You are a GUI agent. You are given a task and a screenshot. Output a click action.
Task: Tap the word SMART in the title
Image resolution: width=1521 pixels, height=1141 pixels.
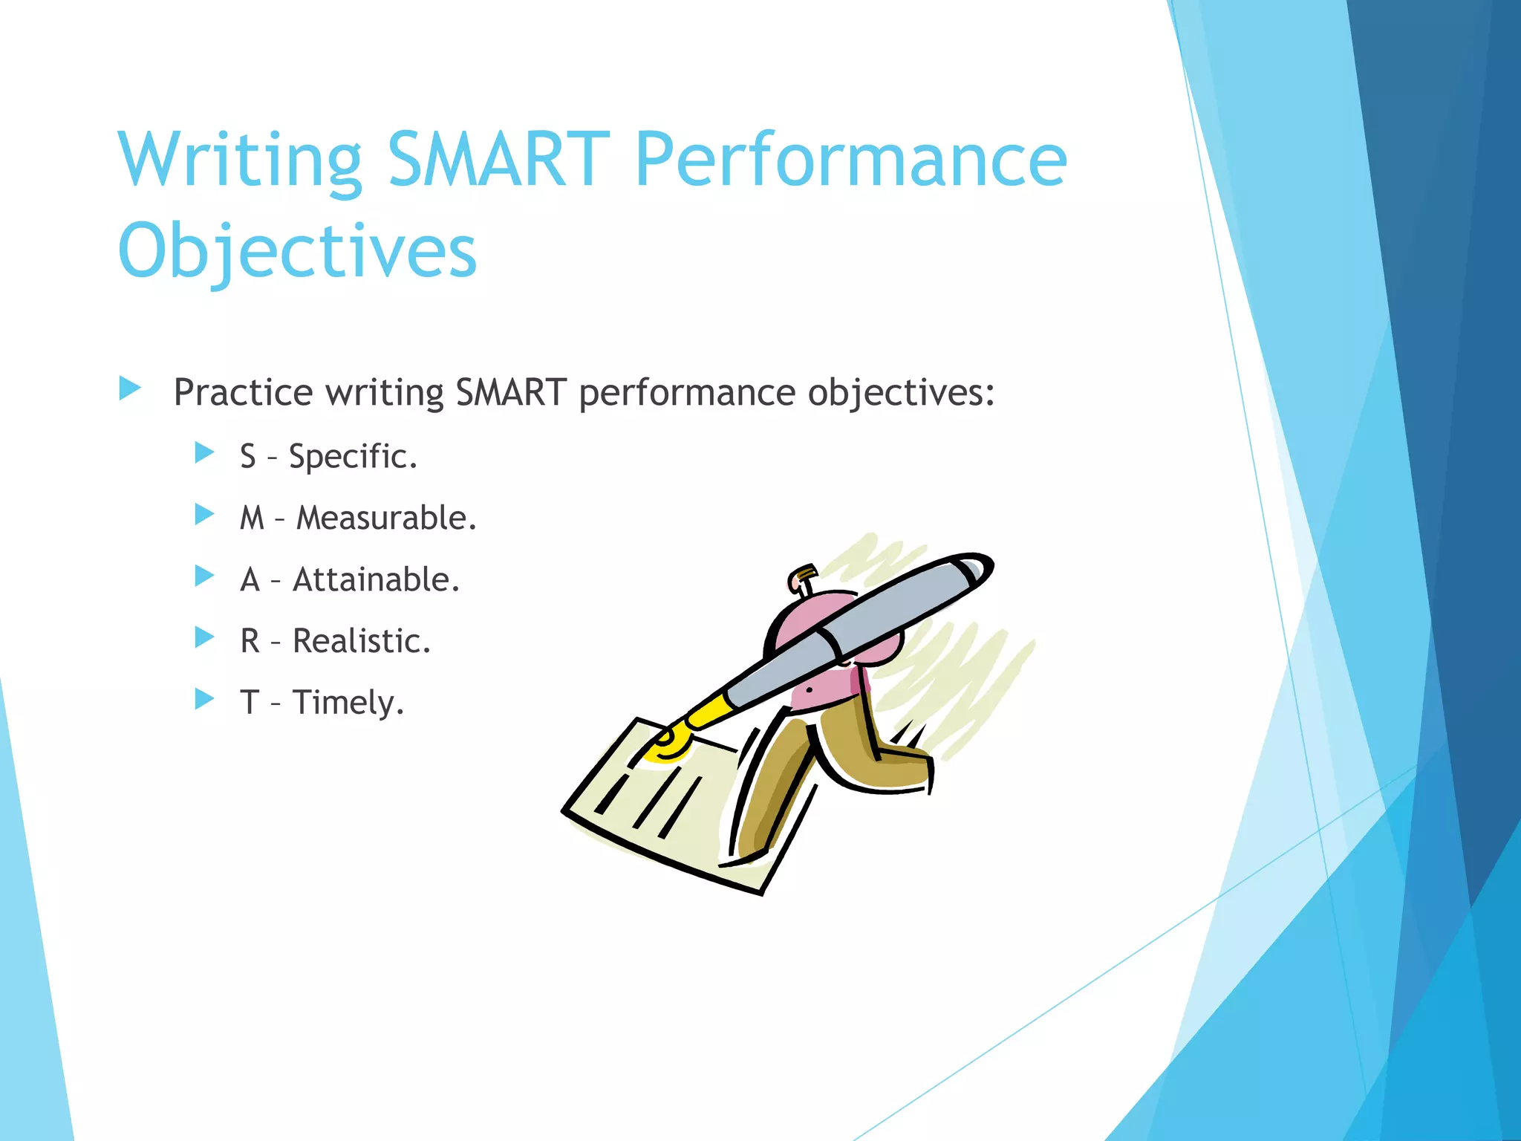pos(498,159)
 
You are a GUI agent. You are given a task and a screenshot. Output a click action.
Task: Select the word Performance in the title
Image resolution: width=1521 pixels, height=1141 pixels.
pos(851,159)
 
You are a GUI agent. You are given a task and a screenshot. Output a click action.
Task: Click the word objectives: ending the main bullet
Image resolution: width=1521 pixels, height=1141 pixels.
pos(901,392)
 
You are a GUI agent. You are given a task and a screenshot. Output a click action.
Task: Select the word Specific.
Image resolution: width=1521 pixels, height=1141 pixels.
pos(353,456)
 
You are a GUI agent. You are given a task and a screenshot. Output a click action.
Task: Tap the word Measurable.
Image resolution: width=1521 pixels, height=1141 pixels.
pos(386,518)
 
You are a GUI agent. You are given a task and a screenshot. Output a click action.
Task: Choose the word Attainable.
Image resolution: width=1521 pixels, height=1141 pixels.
pos(377,579)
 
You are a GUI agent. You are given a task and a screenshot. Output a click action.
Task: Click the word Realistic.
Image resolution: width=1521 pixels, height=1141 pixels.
pos(362,641)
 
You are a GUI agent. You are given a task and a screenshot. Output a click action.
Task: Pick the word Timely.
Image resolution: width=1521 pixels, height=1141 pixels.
pos(348,703)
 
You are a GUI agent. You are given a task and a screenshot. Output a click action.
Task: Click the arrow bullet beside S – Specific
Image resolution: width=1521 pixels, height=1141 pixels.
pos(204,452)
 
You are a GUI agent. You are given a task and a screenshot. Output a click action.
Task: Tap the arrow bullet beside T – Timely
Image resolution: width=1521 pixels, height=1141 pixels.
pos(204,698)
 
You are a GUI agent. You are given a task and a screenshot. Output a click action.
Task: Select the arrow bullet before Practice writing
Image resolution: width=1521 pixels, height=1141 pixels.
pos(130,388)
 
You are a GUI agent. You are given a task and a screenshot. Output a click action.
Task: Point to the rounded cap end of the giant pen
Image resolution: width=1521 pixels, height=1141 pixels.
pos(973,570)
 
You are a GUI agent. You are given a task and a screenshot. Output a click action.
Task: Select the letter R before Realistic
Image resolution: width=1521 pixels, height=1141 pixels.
pos(250,641)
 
